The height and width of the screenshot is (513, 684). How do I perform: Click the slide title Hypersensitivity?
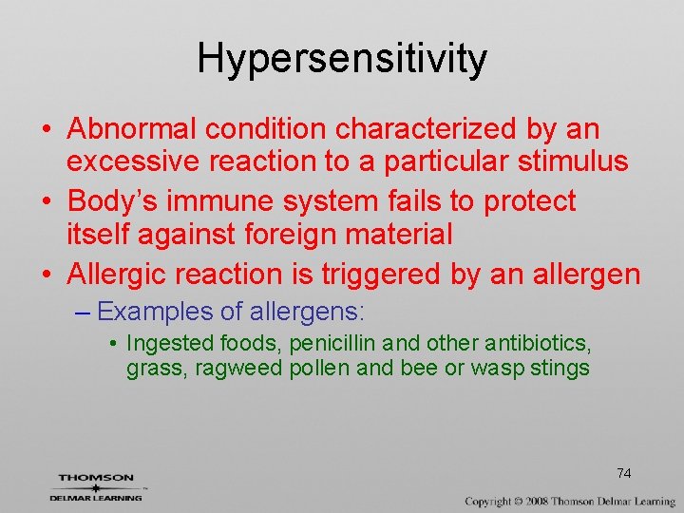(x=342, y=59)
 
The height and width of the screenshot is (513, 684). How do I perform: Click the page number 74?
(x=623, y=473)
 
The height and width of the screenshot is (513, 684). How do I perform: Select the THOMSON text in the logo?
(x=96, y=478)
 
